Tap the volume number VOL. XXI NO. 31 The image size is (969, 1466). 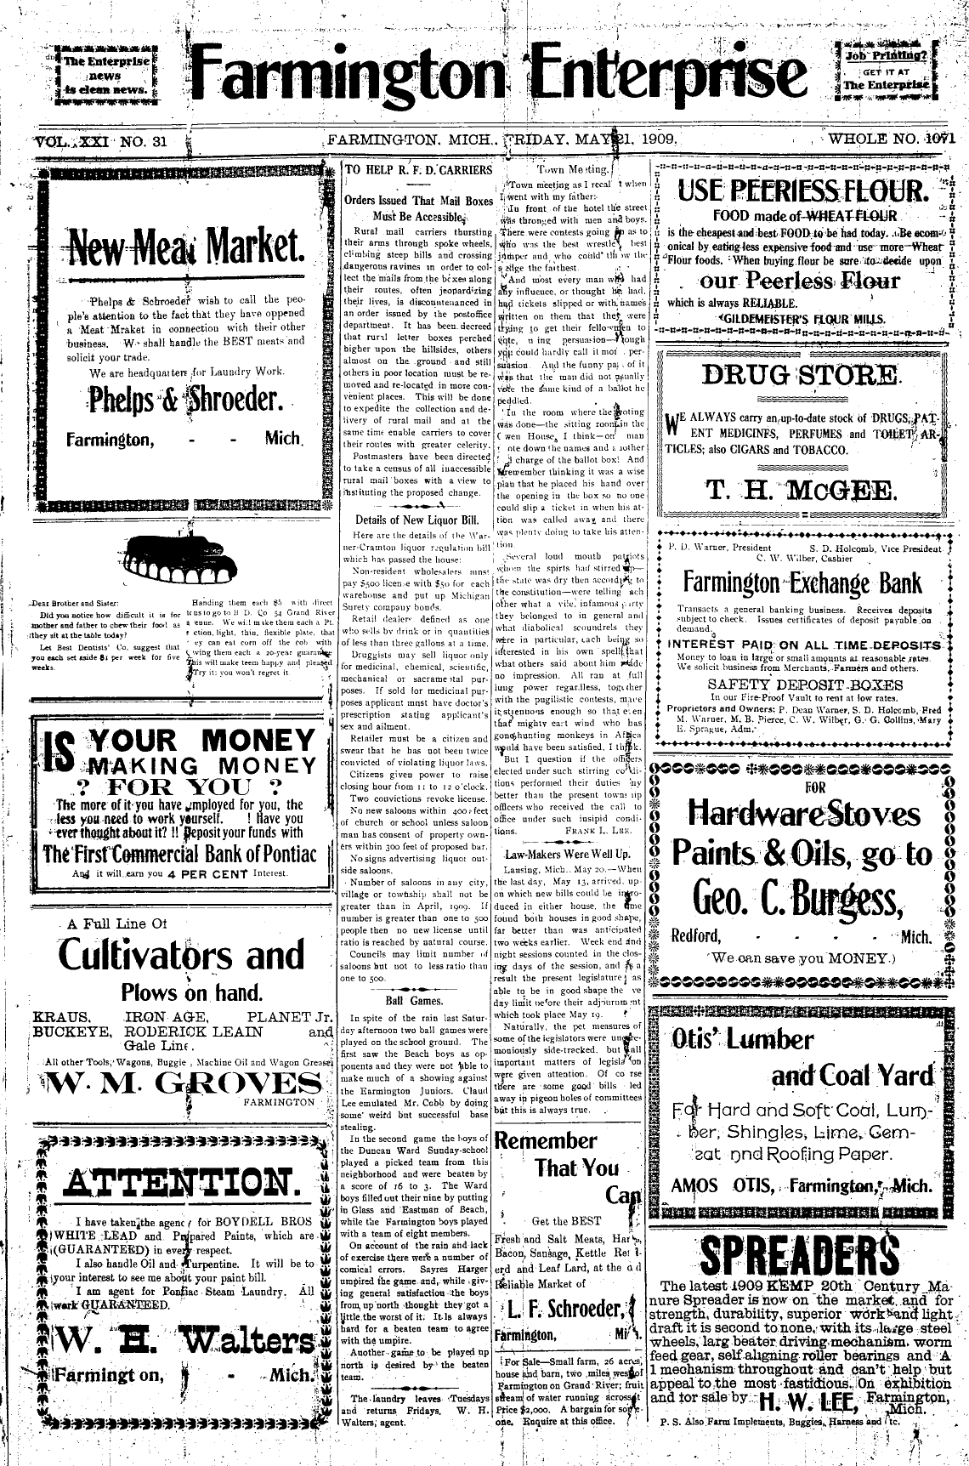tap(101, 142)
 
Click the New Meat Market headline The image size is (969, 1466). tap(186, 247)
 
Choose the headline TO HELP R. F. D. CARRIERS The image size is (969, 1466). tap(418, 170)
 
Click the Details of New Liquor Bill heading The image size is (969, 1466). tap(416, 520)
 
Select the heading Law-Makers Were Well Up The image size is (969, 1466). tap(567, 853)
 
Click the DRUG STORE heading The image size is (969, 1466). tap(800, 374)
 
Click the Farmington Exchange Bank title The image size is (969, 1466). tap(802, 583)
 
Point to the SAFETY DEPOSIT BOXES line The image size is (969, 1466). tap(805, 684)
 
